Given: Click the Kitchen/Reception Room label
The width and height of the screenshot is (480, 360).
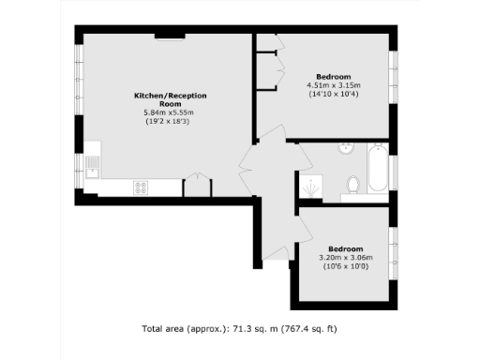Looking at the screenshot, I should click(169, 99).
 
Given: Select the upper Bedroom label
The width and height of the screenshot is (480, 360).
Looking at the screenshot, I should click(333, 76).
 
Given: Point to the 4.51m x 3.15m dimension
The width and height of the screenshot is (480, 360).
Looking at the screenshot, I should click(333, 85).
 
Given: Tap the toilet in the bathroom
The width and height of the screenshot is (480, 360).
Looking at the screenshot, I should click(353, 184).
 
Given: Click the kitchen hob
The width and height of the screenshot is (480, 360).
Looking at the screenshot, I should click(142, 187).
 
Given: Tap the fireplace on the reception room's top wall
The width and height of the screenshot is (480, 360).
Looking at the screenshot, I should click(170, 37).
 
